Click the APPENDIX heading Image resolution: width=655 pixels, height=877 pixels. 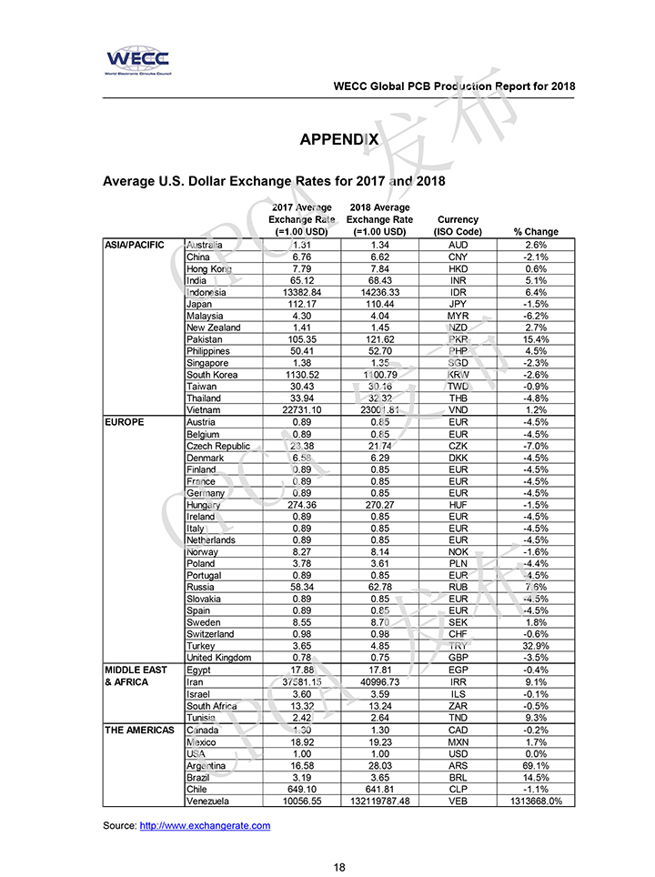(x=339, y=139)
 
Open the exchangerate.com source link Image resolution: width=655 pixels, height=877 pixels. (x=205, y=825)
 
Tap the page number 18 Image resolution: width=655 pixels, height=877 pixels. (x=339, y=867)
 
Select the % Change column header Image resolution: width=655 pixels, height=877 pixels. (x=536, y=232)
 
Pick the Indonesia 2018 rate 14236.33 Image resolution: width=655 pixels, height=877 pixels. (x=379, y=292)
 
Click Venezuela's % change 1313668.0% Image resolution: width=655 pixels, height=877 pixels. (x=536, y=801)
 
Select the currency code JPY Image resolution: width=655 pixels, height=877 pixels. (x=458, y=304)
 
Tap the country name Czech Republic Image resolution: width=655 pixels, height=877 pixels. (x=217, y=446)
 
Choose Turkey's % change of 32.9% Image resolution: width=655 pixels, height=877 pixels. (x=536, y=646)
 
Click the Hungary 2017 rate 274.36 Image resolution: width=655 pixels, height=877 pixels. (x=301, y=505)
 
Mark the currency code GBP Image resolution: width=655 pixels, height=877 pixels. (x=458, y=658)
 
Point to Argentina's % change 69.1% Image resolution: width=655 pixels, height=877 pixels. (x=536, y=765)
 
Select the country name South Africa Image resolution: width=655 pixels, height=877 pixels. (x=211, y=706)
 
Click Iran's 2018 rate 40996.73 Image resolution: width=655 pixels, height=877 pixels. (x=379, y=681)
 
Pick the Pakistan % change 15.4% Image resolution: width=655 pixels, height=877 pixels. (x=536, y=339)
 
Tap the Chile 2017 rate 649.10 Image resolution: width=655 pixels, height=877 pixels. (x=301, y=789)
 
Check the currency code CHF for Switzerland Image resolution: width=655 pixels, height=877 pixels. (x=458, y=634)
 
